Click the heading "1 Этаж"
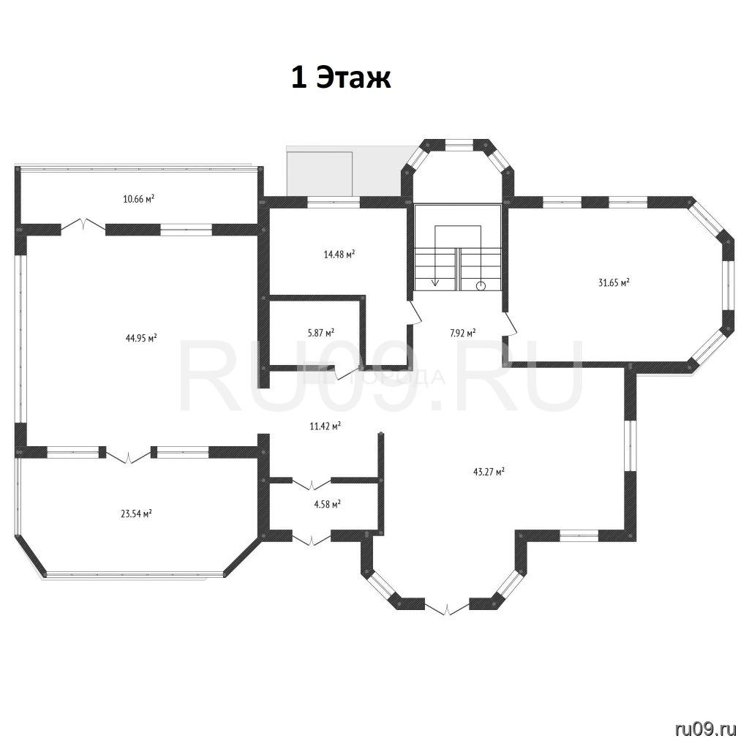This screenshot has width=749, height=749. pyautogui.click(x=341, y=78)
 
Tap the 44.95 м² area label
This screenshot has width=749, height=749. pyautogui.click(x=141, y=338)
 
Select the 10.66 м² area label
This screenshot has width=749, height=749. pyautogui.click(x=138, y=199)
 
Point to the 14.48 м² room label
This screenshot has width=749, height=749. pyautogui.click(x=339, y=254)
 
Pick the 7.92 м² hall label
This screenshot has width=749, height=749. pyautogui.click(x=462, y=333)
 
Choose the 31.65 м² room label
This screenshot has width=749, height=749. pyautogui.click(x=614, y=282)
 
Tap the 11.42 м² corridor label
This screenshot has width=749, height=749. pyautogui.click(x=325, y=426)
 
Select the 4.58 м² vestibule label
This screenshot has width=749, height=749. pyautogui.click(x=327, y=504)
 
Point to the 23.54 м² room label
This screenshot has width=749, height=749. pyautogui.click(x=137, y=514)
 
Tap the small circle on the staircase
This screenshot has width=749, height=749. pyautogui.click(x=481, y=286)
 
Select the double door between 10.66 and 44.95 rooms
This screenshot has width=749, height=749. pyautogui.click(x=83, y=225)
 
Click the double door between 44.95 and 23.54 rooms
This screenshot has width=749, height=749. pyautogui.click(x=129, y=455)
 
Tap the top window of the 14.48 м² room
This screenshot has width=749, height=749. pyautogui.click(x=333, y=202)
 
